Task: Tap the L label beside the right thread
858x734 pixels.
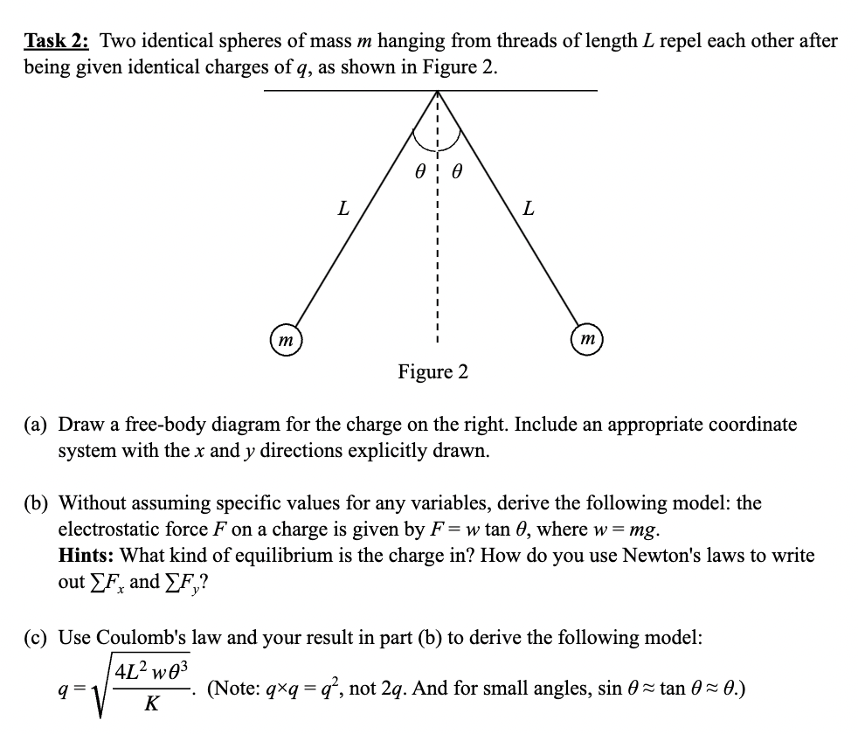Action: point(527,210)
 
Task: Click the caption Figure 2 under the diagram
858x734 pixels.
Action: point(432,372)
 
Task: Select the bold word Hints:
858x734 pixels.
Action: point(86,556)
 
